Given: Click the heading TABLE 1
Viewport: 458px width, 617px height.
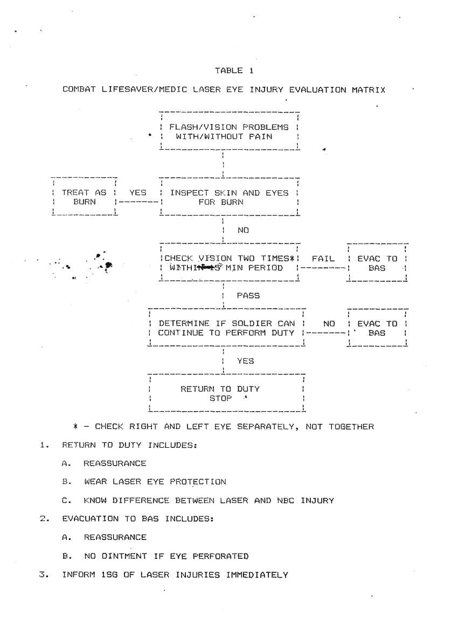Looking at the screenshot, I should pos(230,71).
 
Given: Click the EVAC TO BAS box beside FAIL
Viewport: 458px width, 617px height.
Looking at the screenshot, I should pos(377,262).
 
